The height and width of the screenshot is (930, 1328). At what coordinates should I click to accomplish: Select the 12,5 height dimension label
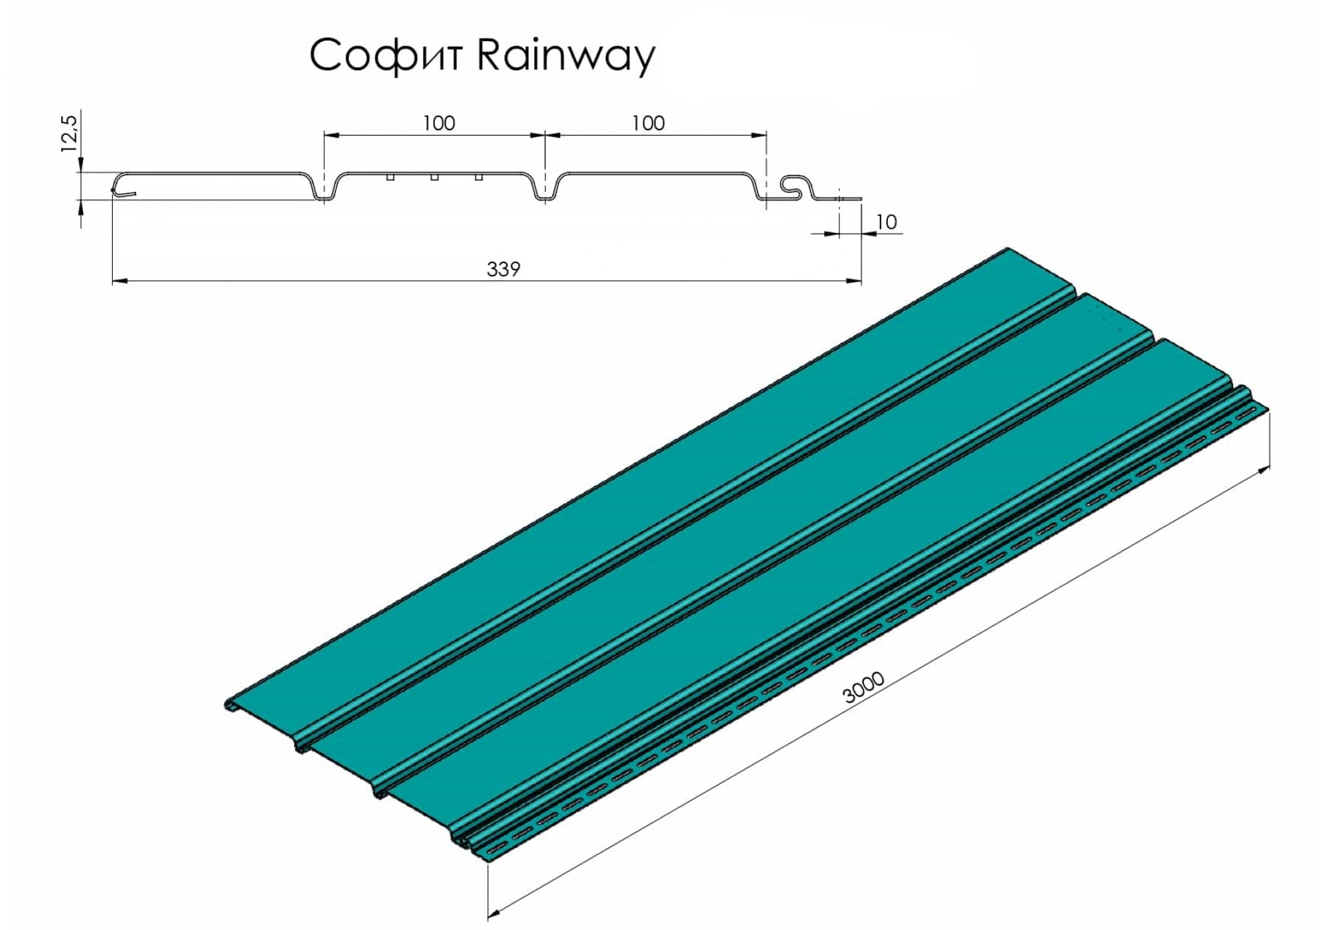70,134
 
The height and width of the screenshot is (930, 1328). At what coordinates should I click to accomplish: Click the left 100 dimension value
439,123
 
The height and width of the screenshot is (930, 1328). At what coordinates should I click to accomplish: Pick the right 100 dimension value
648,123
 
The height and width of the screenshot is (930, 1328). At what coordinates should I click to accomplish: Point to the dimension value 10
886,222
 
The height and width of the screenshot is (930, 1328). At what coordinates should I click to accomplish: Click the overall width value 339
503,269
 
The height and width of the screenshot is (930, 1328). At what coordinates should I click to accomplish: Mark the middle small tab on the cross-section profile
434,177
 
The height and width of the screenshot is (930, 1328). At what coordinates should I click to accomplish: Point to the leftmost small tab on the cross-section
390,177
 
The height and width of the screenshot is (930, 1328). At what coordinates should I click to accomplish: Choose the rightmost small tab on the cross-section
478,177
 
